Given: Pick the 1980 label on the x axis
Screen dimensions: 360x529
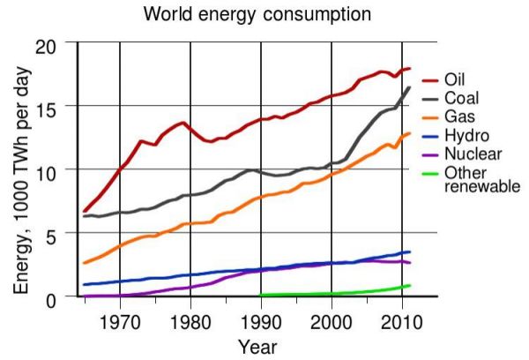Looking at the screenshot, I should (x=190, y=319).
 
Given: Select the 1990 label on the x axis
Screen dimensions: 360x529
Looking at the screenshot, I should (x=261, y=319).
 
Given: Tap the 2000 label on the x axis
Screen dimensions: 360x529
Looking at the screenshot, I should (x=332, y=319).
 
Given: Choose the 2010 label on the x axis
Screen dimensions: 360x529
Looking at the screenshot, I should (x=402, y=319).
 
